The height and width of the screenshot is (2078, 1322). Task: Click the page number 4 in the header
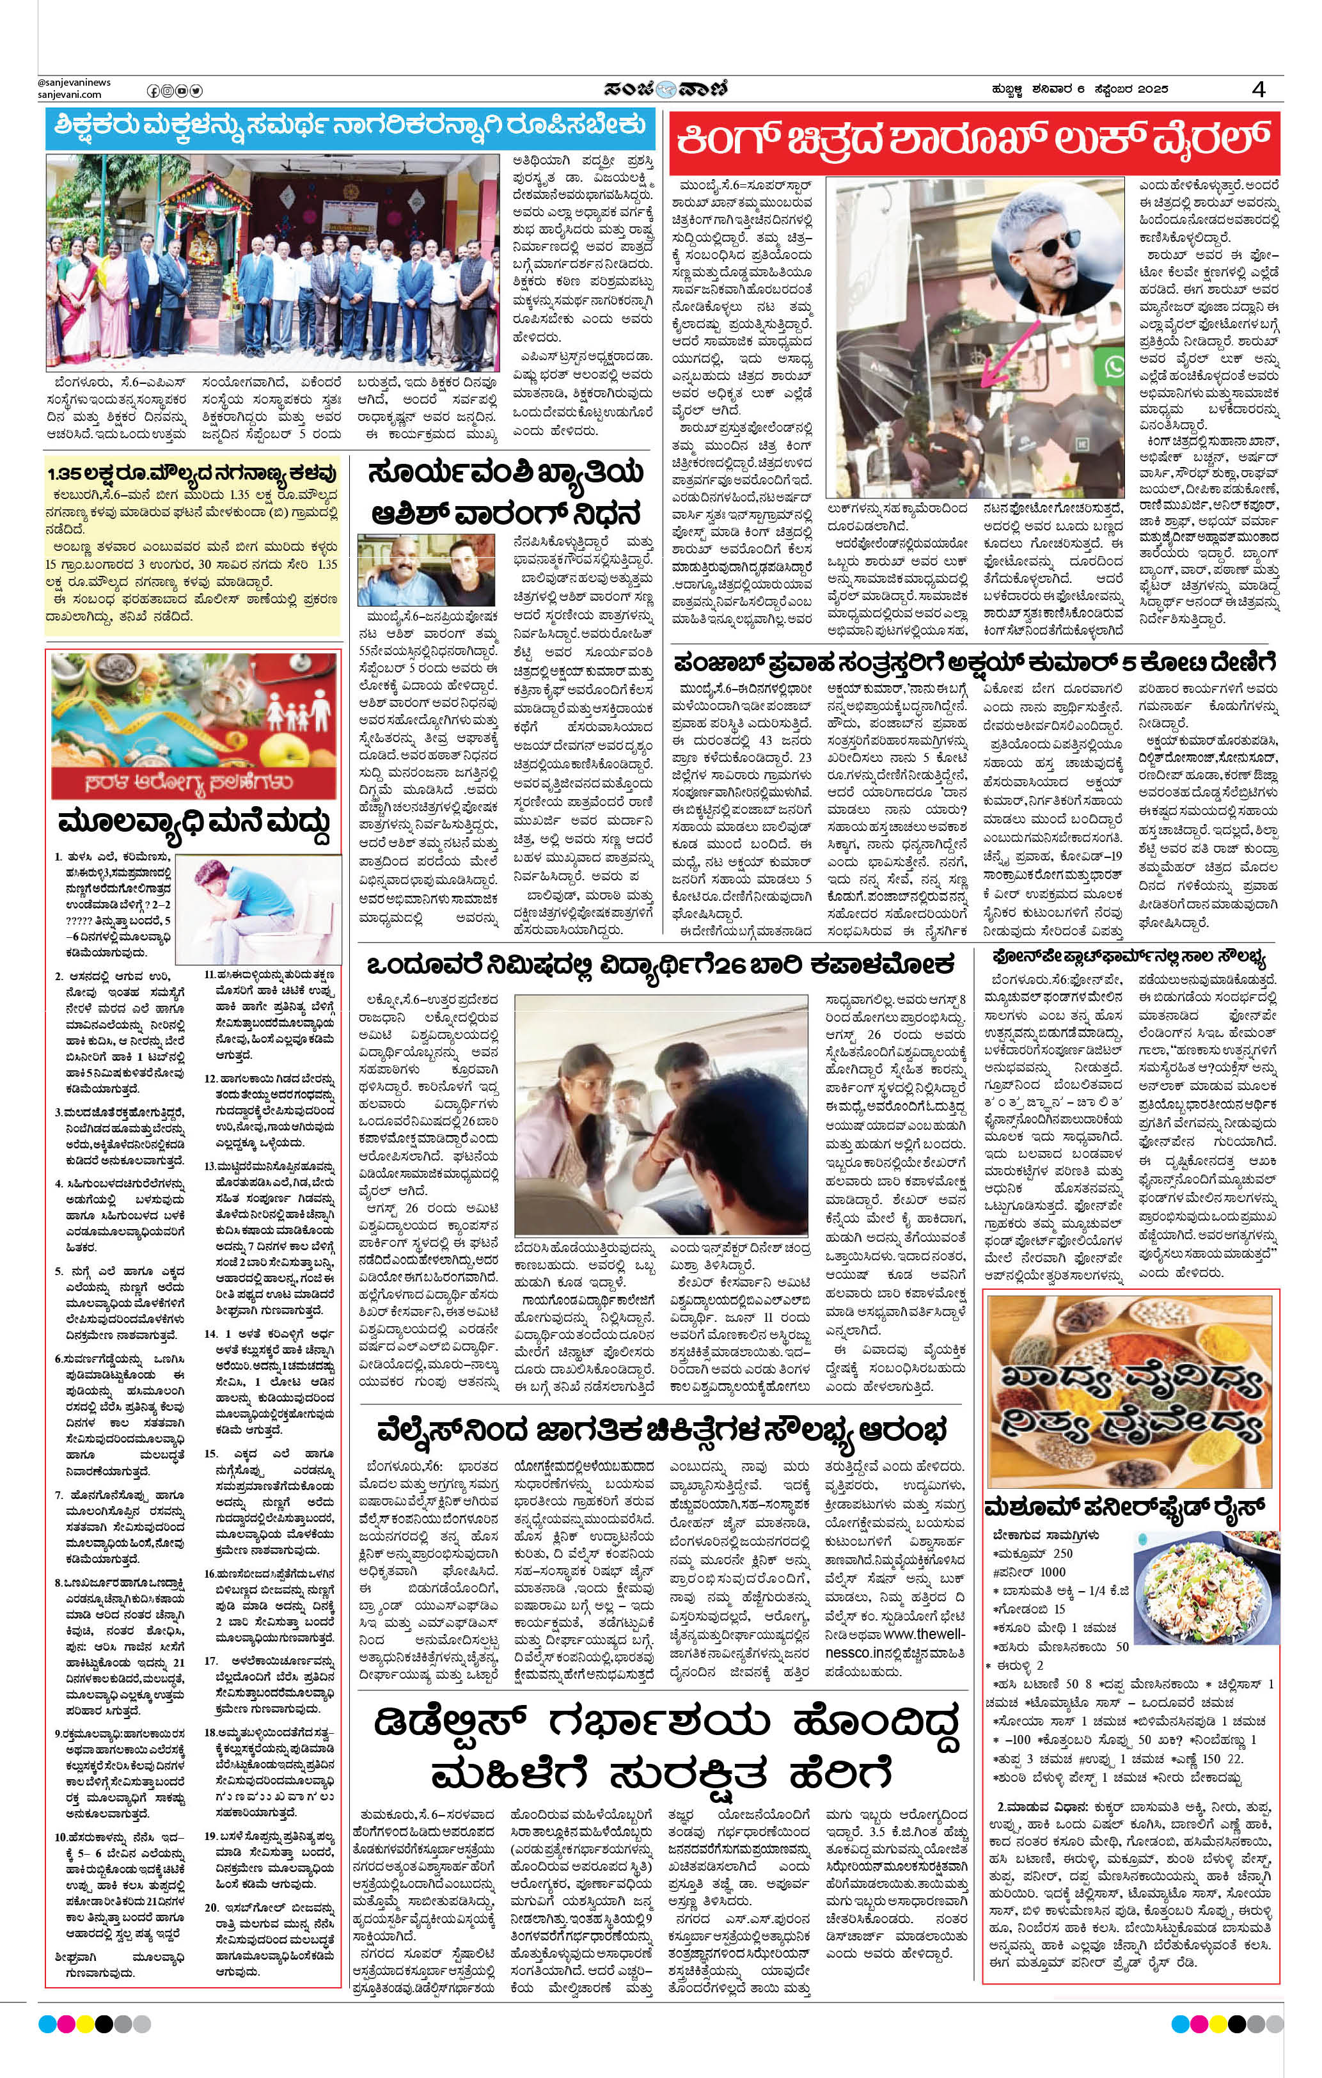point(1260,90)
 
